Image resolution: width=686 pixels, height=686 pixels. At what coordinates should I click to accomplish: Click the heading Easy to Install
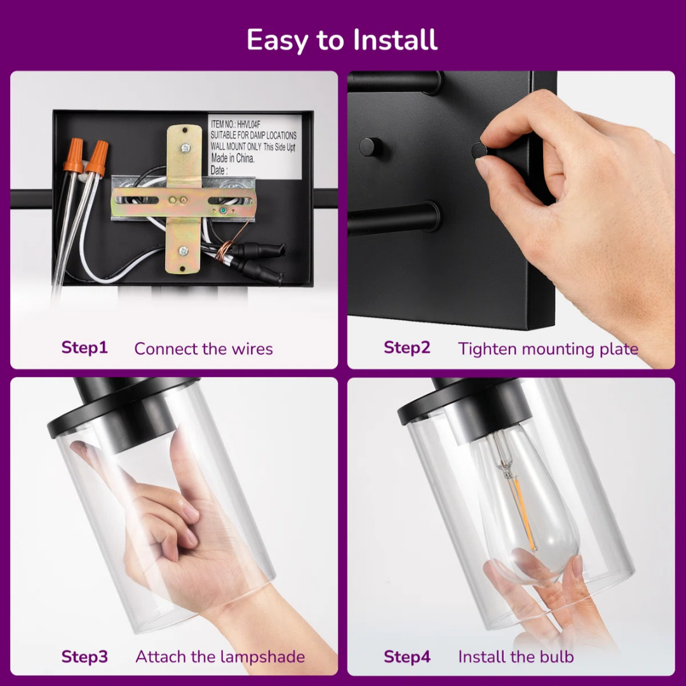point(342,40)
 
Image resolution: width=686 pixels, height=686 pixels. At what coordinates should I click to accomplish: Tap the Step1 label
point(84,348)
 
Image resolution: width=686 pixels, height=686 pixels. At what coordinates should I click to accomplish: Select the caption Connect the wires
point(203,349)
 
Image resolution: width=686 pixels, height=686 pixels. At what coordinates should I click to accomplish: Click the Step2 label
point(407,348)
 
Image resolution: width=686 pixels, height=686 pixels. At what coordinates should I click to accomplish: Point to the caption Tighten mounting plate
point(548,349)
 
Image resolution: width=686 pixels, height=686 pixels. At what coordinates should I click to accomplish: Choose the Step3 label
point(84,657)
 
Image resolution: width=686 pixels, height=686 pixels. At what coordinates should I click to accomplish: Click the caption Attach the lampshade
point(220,657)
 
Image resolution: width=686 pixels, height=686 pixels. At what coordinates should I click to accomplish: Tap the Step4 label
point(407,657)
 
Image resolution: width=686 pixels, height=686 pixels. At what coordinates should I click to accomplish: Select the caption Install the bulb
point(516,657)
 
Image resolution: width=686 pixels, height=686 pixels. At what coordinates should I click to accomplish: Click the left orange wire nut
point(74,155)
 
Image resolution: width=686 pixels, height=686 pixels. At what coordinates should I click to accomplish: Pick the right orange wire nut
point(98,158)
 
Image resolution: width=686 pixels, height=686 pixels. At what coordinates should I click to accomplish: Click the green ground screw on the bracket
point(223,210)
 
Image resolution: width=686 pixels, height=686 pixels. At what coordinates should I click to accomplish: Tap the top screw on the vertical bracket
point(185,148)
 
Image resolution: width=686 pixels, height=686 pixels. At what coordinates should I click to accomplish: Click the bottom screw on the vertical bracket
point(184,251)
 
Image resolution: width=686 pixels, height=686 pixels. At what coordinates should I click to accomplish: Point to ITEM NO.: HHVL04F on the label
point(236,125)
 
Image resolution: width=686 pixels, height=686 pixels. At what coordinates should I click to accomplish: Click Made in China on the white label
point(232,158)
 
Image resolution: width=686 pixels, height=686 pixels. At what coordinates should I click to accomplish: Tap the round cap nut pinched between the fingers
point(480,151)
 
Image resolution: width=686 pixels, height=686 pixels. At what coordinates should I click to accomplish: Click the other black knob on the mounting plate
point(370,147)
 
